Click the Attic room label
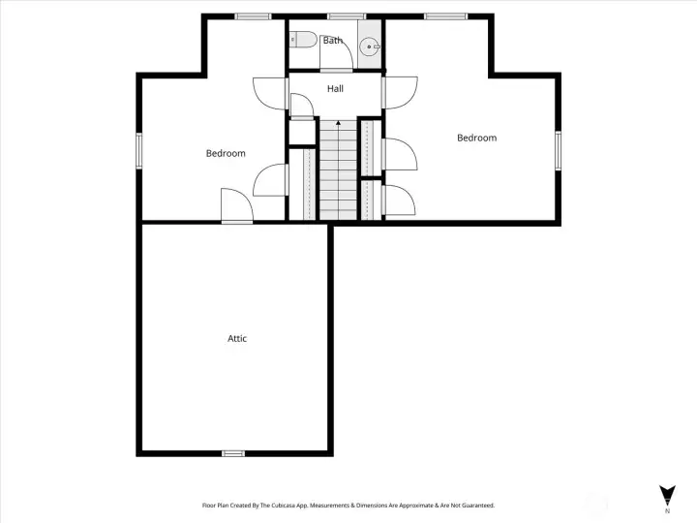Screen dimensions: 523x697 tap(237, 338)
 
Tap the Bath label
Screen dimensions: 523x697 tap(332, 41)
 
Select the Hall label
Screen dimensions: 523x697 tap(335, 89)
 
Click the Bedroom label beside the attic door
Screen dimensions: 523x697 tap(226, 153)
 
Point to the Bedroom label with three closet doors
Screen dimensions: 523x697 tap(476, 138)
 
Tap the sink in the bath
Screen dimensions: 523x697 tap(369, 46)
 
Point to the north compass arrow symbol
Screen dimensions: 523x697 tap(666, 493)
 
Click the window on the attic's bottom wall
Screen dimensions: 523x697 tap(233, 452)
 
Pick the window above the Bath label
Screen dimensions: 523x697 tap(346, 16)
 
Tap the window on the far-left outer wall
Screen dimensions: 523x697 tap(139, 150)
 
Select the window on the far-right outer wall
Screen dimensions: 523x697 tap(558, 150)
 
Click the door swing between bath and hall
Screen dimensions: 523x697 tap(346, 56)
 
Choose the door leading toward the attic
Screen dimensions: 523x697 tap(235, 206)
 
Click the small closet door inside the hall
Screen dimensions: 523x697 tap(300, 106)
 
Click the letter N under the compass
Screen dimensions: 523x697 tap(666, 510)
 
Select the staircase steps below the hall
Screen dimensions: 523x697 tap(337, 174)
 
